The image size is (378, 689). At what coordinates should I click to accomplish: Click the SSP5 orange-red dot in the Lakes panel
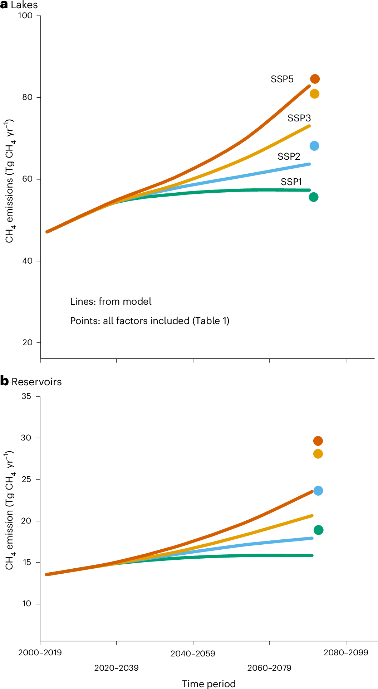pyautogui.click(x=315, y=79)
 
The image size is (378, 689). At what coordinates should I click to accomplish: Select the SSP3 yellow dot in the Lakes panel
pyautogui.click(x=314, y=94)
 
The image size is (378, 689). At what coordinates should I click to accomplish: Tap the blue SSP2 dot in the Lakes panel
pyautogui.click(x=314, y=146)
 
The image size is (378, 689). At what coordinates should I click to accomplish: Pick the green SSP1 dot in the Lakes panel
pyautogui.click(x=314, y=197)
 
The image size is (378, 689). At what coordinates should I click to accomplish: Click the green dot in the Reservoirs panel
pyautogui.click(x=318, y=530)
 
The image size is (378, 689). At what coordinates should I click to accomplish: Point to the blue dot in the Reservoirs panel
pyautogui.click(x=318, y=491)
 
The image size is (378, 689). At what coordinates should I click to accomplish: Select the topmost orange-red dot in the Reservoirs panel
pyautogui.click(x=318, y=441)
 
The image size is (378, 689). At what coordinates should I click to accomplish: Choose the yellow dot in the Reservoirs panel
pyautogui.click(x=318, y=454)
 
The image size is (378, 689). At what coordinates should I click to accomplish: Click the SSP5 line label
pyautogui.click(x=282, y=79)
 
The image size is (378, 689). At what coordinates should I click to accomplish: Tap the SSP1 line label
pyautogui.click(x=291, y=182)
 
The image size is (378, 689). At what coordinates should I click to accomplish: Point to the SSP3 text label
pyautogui.click(x=299, y=118)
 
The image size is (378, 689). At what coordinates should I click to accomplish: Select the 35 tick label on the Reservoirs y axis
pyautogui.click(x=26, y=396)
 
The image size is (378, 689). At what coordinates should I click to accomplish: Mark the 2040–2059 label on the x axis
pyautogui.click(x=193, y=654)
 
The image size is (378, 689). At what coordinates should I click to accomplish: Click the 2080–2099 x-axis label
pyautogui.click(x=345, y=652)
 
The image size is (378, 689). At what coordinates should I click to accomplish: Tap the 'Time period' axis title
pyautogui.click(x=209, y=684)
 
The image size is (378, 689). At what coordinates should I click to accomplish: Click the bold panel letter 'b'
pyautogui.click(x=4, y=381)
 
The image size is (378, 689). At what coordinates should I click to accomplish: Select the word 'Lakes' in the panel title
pyautogui.click(x=24, y=5)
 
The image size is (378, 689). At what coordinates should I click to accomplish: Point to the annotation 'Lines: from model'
pyautogui.click(x=111, y=302)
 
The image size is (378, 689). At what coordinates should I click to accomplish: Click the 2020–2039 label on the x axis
pyautogui.click(x=116, y=668)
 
